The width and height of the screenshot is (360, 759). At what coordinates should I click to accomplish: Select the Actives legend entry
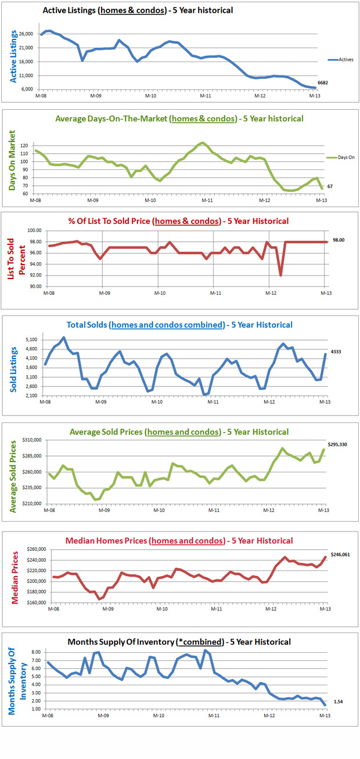point(341,59)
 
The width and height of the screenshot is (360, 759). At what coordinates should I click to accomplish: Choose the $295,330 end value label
point(341,444)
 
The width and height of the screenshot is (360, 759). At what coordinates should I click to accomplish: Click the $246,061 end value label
point(341,554)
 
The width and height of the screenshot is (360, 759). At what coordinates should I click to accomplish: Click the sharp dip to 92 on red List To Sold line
point(280,275)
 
